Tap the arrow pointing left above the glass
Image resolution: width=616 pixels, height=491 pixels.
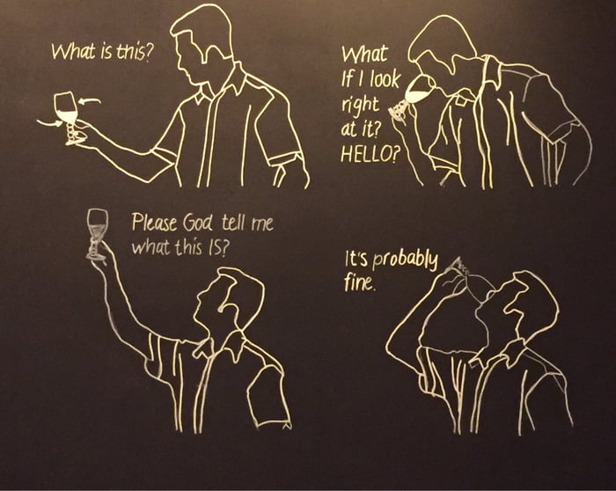point(90,103)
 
